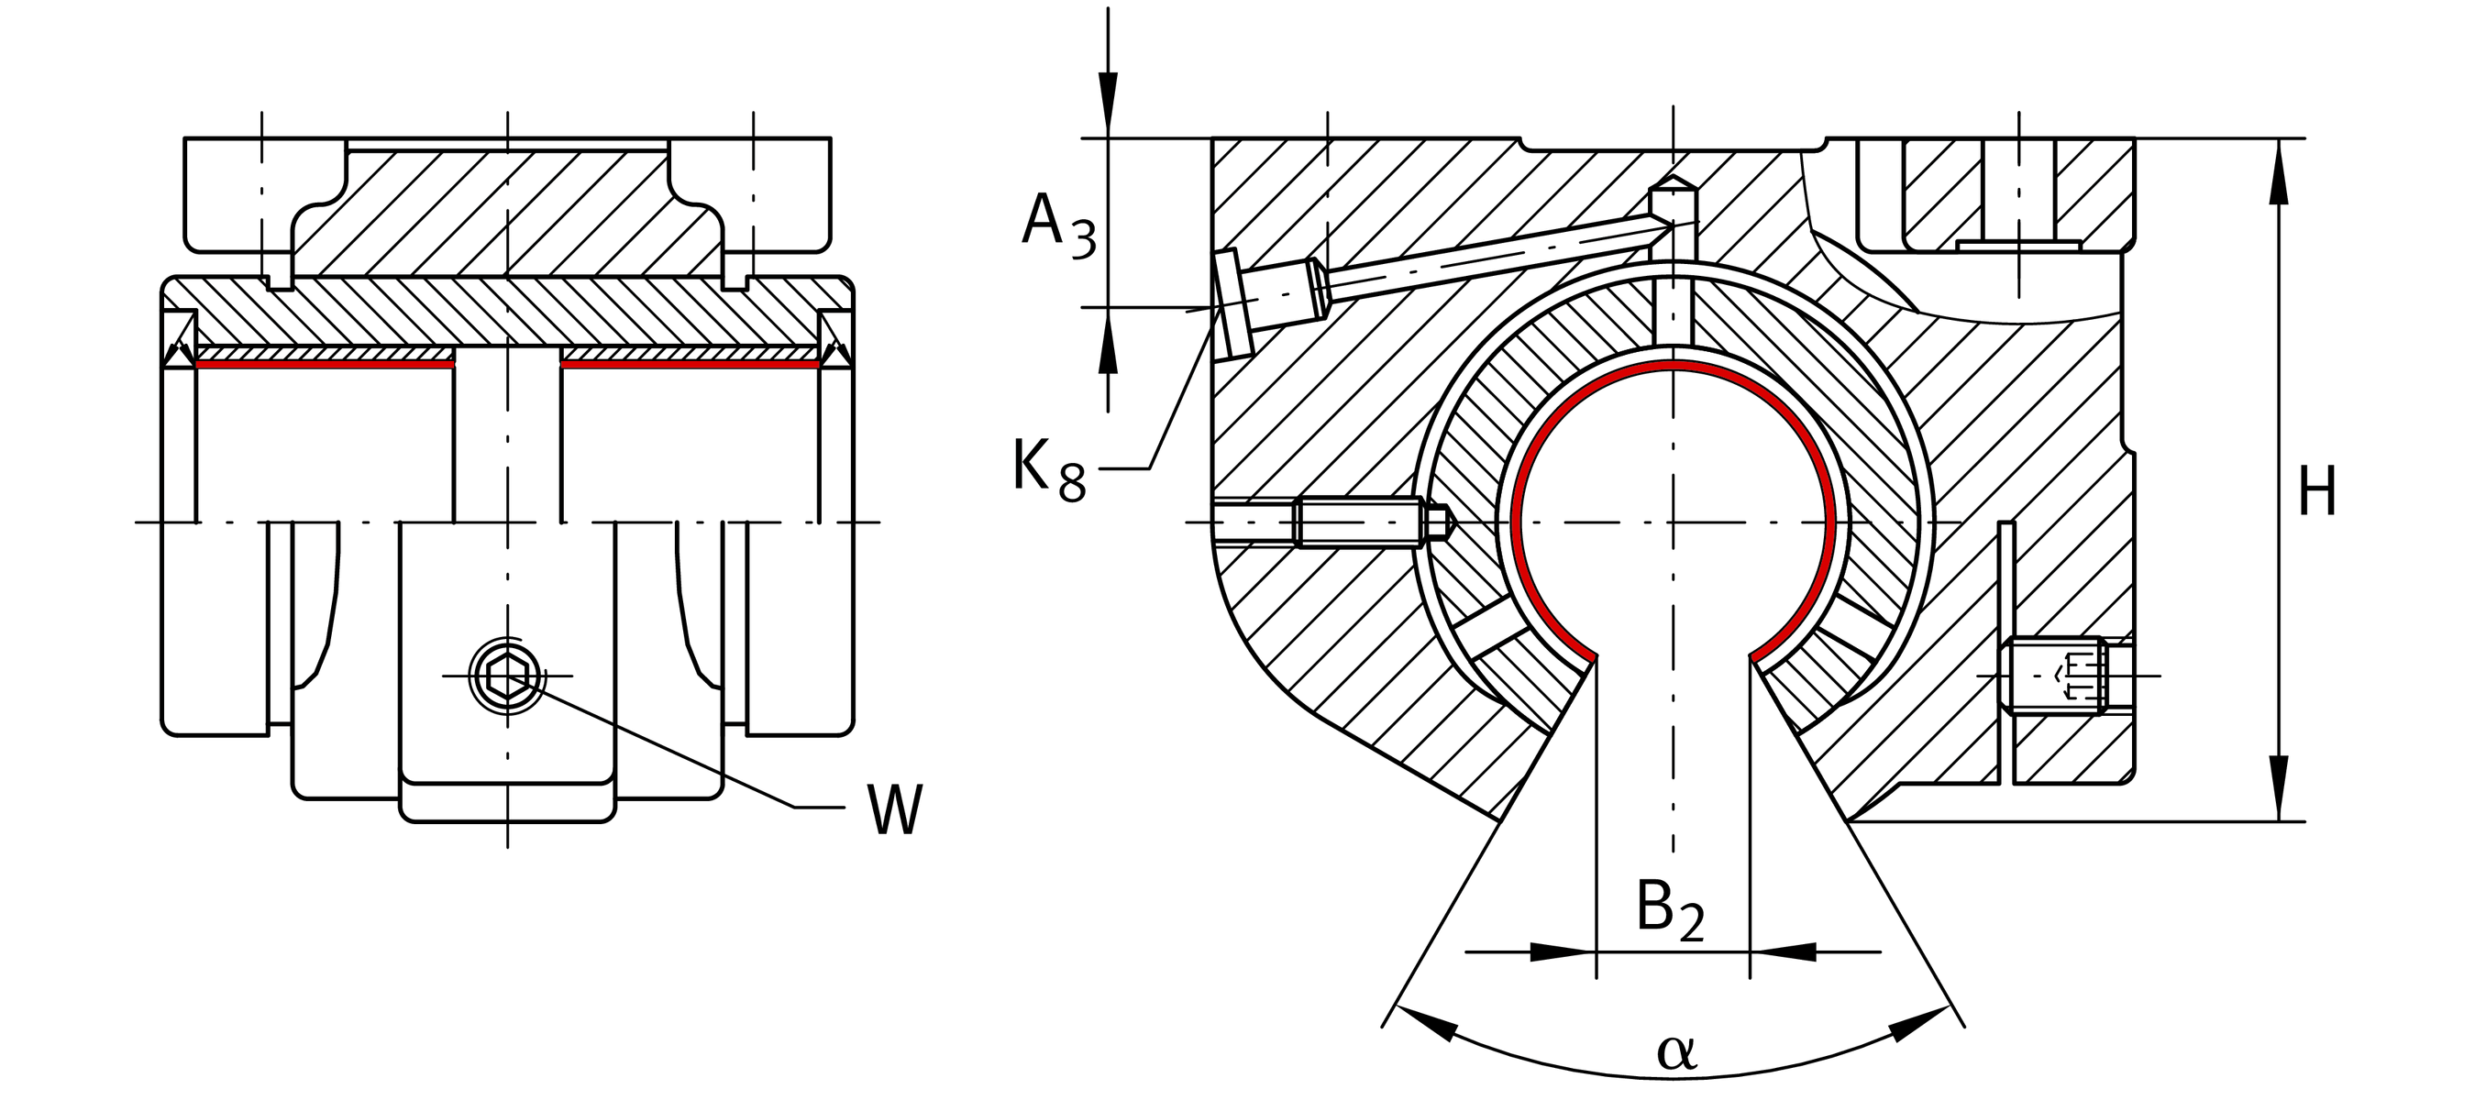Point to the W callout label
(x=893, y=808)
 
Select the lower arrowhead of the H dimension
(x=2278, y=787)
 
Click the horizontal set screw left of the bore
(x=1365, y=522)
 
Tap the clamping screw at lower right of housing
(x=2056, y=676)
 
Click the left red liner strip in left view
(x=324, y=364)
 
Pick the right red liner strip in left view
(x=689, y=364)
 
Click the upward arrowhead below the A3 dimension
(x=1109, y=346)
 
